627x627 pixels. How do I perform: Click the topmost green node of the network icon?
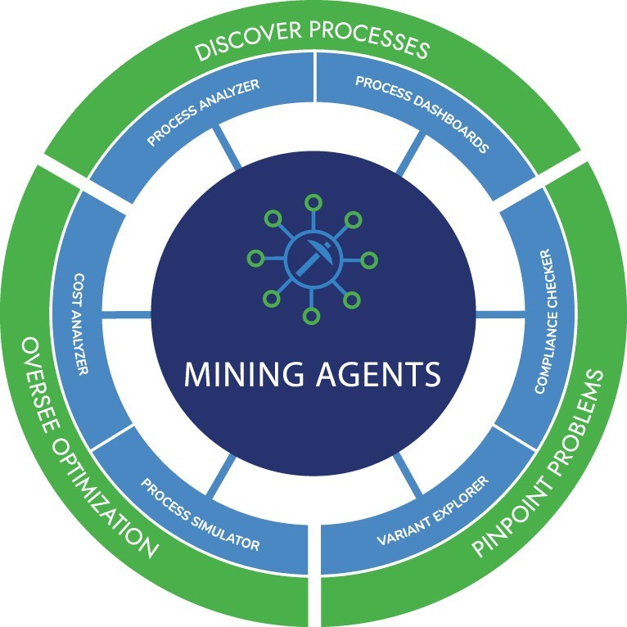[x=311, y=202]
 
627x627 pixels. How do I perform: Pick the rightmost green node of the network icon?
[x=369, y=259]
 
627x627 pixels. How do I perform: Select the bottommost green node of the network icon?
[x=310, y=316]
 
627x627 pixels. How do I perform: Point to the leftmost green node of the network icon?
[x=255, y=259]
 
